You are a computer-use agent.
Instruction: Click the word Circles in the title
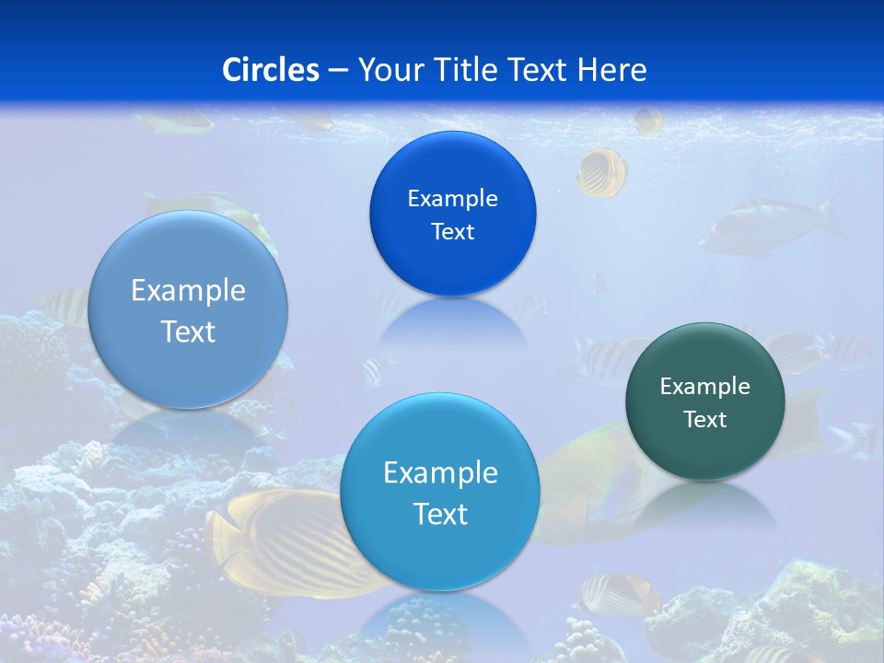point(271,70)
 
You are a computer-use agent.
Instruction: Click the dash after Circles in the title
point(338,71)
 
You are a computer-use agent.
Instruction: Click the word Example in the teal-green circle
point(705,387)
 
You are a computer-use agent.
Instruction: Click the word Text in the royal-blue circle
point(452,232)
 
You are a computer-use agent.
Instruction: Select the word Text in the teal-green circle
point(705,420)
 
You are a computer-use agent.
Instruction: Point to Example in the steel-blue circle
point(188,291)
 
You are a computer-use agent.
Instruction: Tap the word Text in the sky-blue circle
point(440,514)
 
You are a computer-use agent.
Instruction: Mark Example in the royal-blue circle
point(452,199)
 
